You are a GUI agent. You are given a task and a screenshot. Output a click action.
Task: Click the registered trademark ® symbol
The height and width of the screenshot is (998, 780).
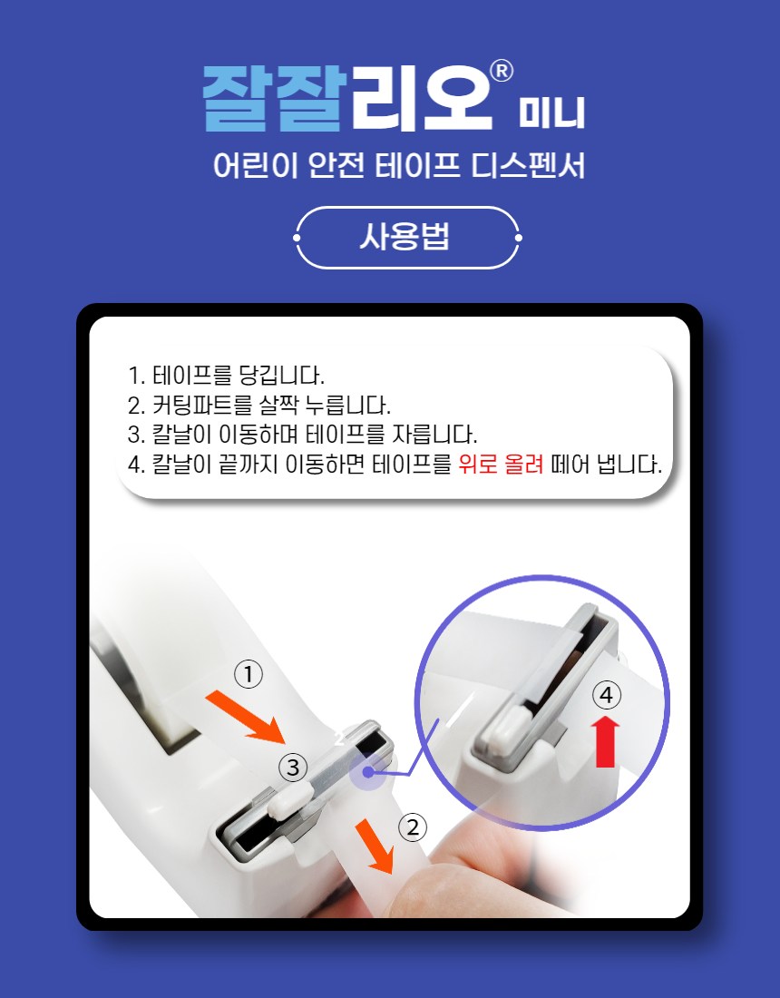click(502, 72)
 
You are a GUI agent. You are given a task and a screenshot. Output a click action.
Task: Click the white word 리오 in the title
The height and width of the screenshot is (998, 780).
click(422, 99)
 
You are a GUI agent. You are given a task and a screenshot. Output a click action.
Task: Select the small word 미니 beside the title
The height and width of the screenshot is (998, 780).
click(551, 113)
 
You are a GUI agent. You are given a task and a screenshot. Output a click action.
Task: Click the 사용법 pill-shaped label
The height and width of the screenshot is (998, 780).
click(407, 238)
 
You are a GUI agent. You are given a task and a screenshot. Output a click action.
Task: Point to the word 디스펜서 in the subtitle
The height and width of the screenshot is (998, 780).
click(528, 166)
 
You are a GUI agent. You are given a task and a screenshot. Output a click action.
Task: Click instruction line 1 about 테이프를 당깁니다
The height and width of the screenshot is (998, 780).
click(226, 375)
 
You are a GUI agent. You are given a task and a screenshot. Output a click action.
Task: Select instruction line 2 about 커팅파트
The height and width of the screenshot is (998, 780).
click(258, 405)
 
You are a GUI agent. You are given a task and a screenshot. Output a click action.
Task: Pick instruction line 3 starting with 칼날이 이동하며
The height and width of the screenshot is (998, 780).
click(302, 435)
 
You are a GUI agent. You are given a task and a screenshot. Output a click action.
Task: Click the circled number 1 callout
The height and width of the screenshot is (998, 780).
click(249, 675)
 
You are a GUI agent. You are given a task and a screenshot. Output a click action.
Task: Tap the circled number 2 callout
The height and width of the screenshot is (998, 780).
click(413, 827)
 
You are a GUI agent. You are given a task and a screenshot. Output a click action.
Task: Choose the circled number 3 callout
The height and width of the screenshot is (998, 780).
click(293, 768)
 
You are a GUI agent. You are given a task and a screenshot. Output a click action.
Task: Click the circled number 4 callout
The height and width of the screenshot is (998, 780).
click(606, 695)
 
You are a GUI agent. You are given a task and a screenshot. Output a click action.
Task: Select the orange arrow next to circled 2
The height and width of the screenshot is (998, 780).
click(375, 846)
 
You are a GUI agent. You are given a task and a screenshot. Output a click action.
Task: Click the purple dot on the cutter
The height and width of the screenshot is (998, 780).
click(367, 772)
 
